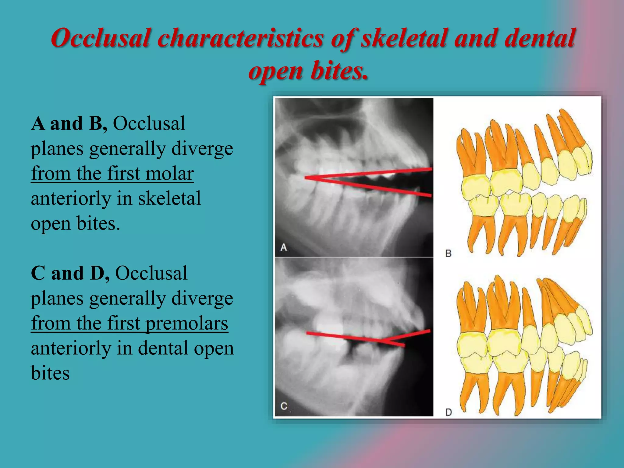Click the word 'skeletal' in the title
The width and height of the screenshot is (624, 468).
pos(404,39)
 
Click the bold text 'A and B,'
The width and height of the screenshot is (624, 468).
pos(69,124)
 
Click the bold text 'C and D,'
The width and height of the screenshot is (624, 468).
pos(70,273)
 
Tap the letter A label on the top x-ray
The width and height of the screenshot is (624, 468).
pos(284,247)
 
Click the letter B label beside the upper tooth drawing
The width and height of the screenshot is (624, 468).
pos(448,253)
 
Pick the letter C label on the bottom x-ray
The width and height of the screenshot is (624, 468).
pos(284,406)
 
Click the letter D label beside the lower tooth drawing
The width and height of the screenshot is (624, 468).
pos(448,412)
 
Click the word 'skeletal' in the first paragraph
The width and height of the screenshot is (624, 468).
pos(169,199)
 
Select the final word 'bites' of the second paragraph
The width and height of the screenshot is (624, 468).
pos(50,373)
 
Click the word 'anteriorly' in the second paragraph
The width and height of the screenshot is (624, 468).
pos(71,348)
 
